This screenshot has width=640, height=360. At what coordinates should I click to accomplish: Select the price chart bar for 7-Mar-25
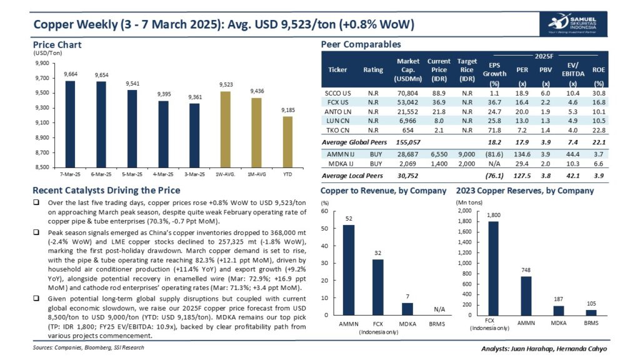coord(70,124)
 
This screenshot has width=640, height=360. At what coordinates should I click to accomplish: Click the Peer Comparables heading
coord(361,45)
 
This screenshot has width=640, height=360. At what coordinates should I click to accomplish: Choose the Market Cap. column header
coord(407,70)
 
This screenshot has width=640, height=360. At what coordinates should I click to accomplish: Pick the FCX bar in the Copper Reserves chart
coord(493,268)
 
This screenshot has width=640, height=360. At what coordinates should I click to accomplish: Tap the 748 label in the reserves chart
coord(527,270)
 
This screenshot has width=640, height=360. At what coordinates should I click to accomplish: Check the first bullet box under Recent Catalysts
coord(39,203)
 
